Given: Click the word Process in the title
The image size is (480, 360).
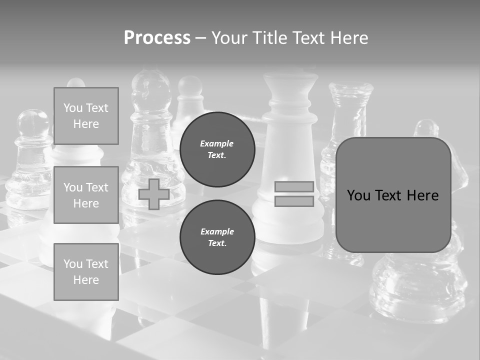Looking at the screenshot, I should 157,37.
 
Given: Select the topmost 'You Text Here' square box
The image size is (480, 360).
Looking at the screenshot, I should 86,116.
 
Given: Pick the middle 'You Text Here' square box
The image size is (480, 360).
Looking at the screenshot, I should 86,195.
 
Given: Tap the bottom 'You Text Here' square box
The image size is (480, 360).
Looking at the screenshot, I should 86,272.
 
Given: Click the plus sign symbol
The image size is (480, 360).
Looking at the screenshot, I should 154,194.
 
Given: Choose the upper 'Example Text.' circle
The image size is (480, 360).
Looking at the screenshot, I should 217,149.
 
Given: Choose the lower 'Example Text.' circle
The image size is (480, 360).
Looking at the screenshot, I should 217,237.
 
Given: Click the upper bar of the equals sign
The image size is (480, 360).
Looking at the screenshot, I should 294,186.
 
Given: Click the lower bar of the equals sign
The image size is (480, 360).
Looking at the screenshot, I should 294,201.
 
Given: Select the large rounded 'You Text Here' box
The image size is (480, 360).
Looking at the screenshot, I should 393,195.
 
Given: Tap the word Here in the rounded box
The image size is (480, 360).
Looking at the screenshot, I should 423,195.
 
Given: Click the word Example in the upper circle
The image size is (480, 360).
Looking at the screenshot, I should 217,143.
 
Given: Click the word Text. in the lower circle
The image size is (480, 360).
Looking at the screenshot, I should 217,243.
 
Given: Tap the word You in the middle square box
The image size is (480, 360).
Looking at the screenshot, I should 73,187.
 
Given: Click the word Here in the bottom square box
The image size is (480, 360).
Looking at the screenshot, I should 86,280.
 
